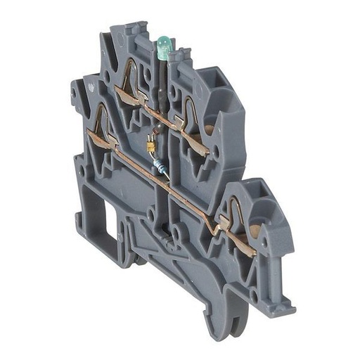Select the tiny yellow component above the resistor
150,145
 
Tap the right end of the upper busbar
205,150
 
